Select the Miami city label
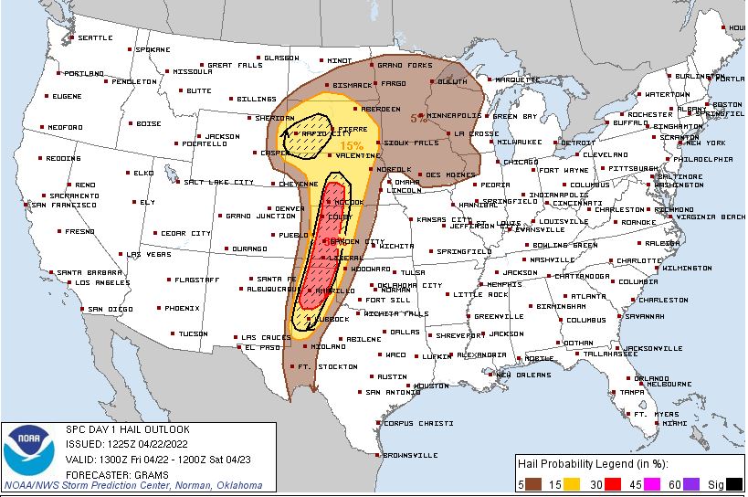click(675, 424)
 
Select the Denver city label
click(291, 208)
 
